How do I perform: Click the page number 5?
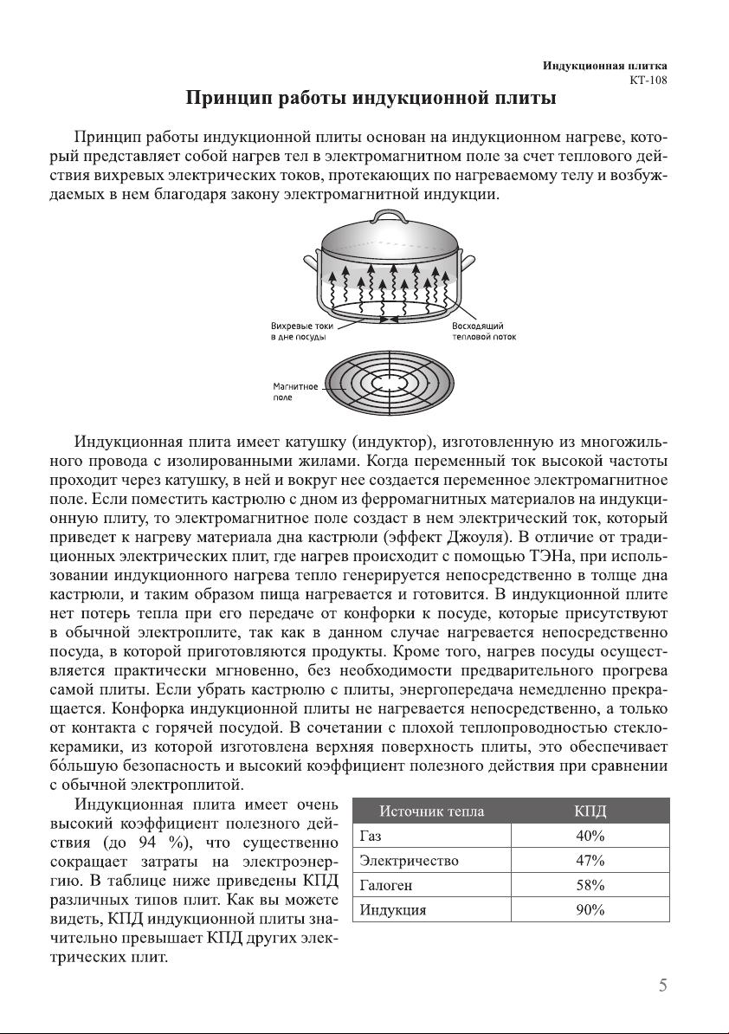pos(662,985)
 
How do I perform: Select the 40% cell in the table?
pos(590,837)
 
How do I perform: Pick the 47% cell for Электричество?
pos(590,861)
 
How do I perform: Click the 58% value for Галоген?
pos(590,885)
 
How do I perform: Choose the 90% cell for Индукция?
pos(590,910)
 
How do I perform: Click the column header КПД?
pos(590,811)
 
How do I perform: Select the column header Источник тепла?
pos(431,811)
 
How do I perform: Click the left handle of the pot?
pos(312,262)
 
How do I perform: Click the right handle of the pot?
pos(468,261)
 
